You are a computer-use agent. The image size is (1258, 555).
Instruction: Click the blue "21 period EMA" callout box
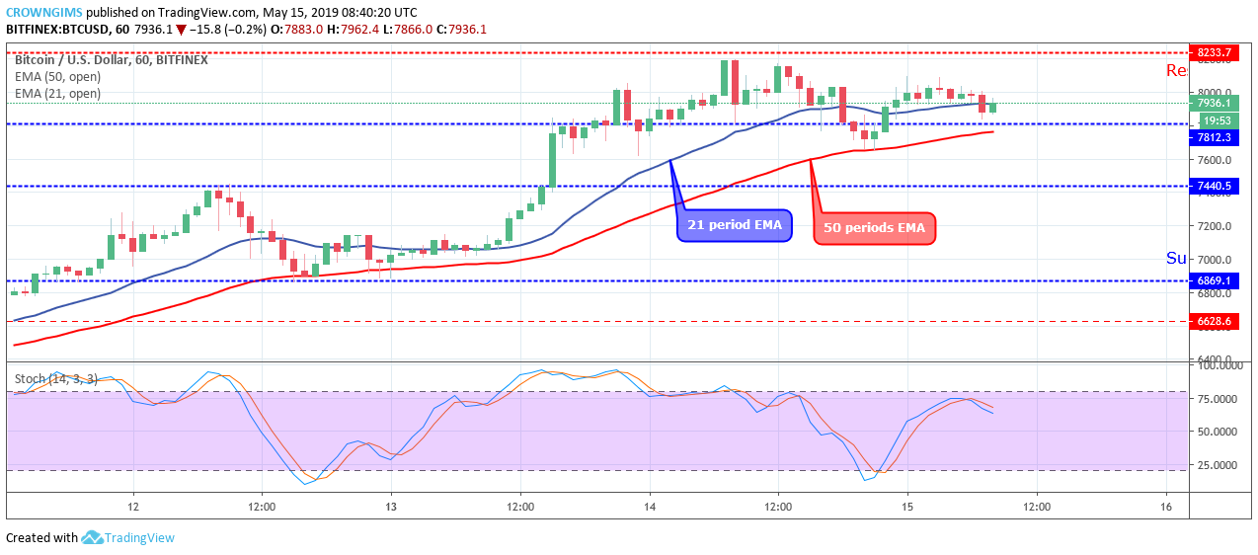tap(734, 225)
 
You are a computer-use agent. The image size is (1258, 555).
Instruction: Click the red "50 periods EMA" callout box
tap(873, 229)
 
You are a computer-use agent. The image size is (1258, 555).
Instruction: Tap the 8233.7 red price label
tap(1215, 52)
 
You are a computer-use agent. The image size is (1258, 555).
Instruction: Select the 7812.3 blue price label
tap(1215, 137)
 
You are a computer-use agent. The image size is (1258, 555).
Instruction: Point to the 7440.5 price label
tap(1215, 186)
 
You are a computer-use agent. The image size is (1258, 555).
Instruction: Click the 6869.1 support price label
tap(1215, 280)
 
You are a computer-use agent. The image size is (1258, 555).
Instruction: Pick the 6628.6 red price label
tap(1215, 321)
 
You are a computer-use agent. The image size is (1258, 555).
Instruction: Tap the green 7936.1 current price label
tap(1215, 103)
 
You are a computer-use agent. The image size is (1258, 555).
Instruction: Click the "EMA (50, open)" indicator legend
tap(57, 77)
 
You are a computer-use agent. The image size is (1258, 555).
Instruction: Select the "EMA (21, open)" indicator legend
tap(57, 94)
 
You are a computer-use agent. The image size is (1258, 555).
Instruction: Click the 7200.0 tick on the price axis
tap(1214, 226)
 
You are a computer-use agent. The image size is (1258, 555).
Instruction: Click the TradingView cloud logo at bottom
tap(92, 537)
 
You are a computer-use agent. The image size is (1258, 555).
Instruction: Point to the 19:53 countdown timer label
tap(1214, 120)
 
